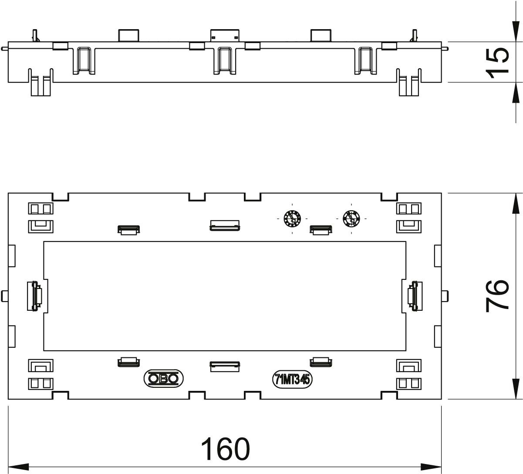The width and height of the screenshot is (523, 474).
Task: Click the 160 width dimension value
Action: (225, 449)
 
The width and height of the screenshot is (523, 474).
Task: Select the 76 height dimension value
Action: (497, 296)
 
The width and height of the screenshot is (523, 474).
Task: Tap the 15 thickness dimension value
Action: (497, 63)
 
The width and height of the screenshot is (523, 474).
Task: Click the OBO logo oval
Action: (163, 379)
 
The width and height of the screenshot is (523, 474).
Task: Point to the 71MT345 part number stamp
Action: (292, 380)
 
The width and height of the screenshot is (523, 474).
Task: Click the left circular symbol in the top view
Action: (292, 219)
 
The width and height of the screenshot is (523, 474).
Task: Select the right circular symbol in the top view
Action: (351, 219)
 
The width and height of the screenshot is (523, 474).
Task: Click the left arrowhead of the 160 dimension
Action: (18, 467)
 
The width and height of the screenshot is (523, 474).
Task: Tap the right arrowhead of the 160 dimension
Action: (431, 467)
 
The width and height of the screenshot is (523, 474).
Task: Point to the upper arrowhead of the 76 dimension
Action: (516, 203)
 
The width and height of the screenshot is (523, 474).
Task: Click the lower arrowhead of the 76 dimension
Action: (516, 389)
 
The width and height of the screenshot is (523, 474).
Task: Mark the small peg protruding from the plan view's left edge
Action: (4, 296)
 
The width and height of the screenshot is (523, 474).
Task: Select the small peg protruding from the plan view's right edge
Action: (445, 296)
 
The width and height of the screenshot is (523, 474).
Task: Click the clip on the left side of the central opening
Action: (34, 296)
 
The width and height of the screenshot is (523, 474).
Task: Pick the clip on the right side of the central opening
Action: (415, 296)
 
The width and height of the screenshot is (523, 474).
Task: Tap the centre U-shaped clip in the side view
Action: (225, 61)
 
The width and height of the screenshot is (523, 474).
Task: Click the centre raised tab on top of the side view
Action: (225, 35)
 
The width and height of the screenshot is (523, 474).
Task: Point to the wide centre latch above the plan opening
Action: (225, 225)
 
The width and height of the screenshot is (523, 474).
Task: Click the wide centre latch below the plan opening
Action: (225, 366)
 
